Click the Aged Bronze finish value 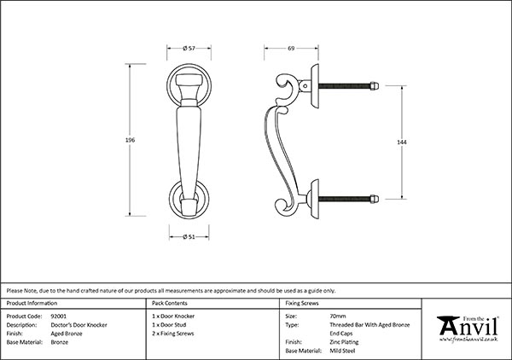tap(68, 333)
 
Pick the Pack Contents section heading tap(169, 304)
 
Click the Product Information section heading tap(32, 304)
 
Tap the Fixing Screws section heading tap(303, 304)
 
